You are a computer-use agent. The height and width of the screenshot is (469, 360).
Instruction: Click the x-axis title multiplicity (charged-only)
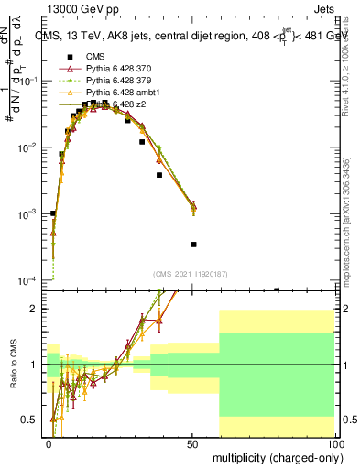(274, 458)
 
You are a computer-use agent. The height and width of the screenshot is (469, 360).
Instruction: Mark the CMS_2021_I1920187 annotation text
(191, 274)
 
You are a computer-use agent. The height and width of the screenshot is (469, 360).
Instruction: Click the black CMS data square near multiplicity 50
(193, 245)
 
